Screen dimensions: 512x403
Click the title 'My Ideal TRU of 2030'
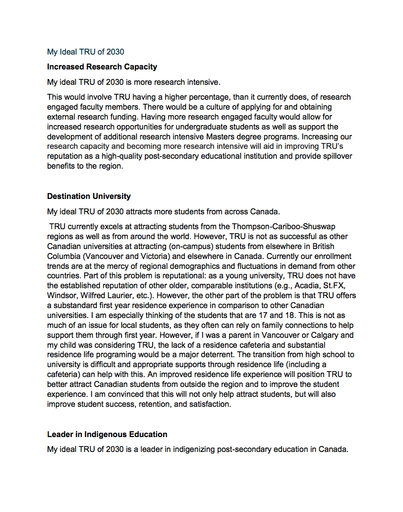85,52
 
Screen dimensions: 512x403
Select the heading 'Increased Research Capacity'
102,66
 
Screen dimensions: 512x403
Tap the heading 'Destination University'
89,196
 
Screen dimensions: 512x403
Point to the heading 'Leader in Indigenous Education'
107,435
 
